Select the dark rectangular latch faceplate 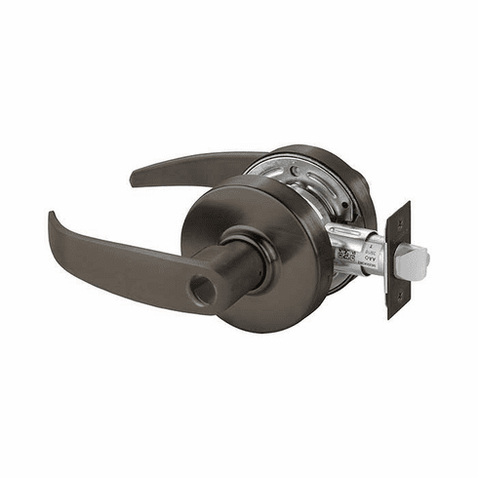click(x=398, y=259)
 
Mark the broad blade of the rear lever click(x=195, y=166)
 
